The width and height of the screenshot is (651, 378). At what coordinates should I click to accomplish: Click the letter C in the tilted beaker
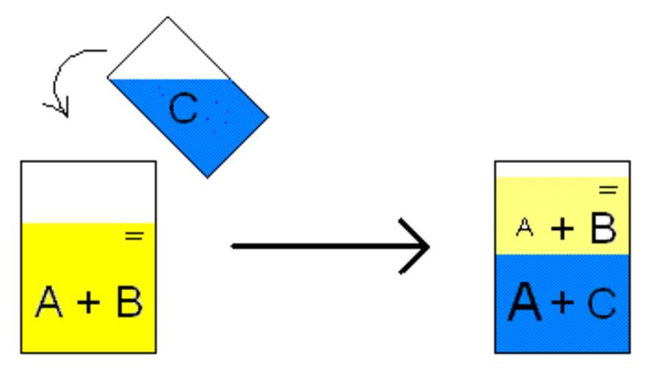coord(183,109)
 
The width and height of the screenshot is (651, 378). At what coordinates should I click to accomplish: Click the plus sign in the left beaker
coord(89,302)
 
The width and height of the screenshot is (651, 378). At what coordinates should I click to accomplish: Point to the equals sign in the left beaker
coord(134,236)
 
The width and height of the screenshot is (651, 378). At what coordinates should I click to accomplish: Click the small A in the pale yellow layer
coord(524,228)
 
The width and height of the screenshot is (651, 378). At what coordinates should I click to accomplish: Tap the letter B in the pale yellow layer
coord(603,228)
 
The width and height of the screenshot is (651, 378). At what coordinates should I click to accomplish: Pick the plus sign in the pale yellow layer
coord(563,229)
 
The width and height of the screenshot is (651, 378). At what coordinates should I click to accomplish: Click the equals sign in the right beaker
coord(608,190)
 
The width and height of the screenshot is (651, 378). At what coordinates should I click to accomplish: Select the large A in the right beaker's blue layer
coord(525,302)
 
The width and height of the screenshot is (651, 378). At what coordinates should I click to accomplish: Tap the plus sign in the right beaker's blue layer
coord(564,302)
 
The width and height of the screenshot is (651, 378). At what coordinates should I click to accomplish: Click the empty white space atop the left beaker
coord(88,192)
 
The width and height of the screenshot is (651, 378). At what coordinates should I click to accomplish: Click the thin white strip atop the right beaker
coord(562,169)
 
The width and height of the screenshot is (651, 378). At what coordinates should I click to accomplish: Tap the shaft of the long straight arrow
coord(316,246)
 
